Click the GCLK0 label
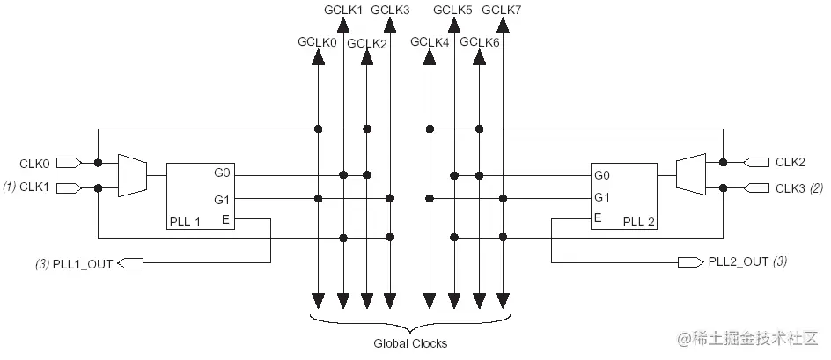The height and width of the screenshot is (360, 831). pyautogui.click(x=315, y=41)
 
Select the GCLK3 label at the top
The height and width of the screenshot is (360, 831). pyautogui.click(x=390, y=10)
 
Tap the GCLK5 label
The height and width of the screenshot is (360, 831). pyautogui.click(x=453, y=10)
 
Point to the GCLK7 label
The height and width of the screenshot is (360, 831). pyautogui.click(x=503, y=10)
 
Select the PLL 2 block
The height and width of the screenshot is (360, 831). pyautogui.click(x=623, y=195)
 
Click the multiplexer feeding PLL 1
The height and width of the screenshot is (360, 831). pyautogui.click(x=132, y=175)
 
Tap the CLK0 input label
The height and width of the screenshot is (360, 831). pyautogui.click(x=34, y=163)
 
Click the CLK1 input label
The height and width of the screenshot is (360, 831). pyautogui.click(x=34, y=187)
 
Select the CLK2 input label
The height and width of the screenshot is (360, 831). pyautogui.click(x=791, y=162)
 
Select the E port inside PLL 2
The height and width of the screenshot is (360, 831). pyautogui.click(x=599, y=217)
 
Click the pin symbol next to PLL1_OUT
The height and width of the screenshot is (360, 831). pyautogui.click(x=129, y=262)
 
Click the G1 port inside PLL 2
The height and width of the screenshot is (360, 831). pyautogui.click(x=602, y=197)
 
